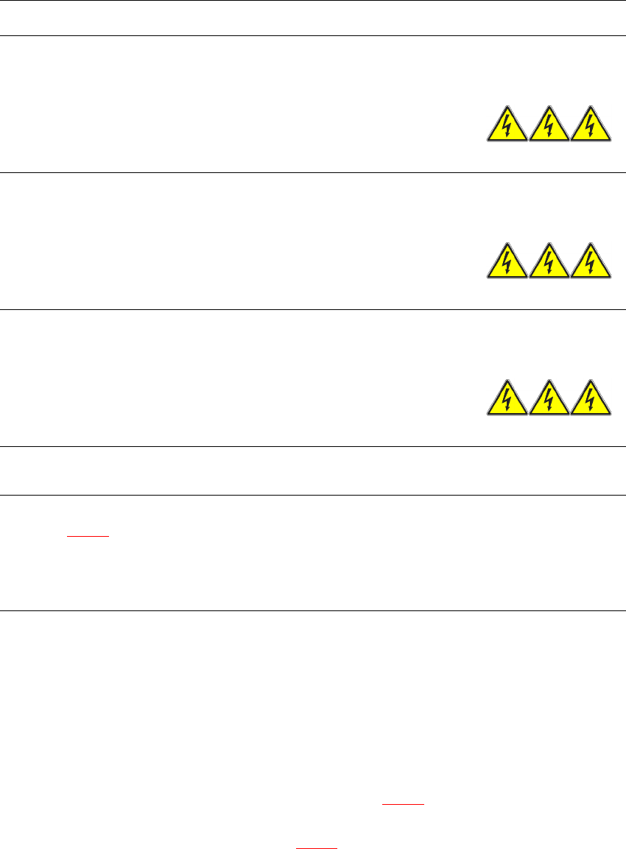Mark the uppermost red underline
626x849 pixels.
click(x=88, y=536)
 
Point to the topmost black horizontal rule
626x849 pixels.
click(x=313, y=1)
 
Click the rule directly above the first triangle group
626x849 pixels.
click(x=313, y=35)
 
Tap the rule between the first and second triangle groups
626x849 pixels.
click(x=313, y=172)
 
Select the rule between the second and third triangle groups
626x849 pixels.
click(x=313, y=309)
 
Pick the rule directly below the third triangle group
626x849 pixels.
click(x=313, y=446)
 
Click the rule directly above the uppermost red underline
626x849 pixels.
click(x=313, y=495)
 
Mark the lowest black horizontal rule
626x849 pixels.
click(x=313, y=610)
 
